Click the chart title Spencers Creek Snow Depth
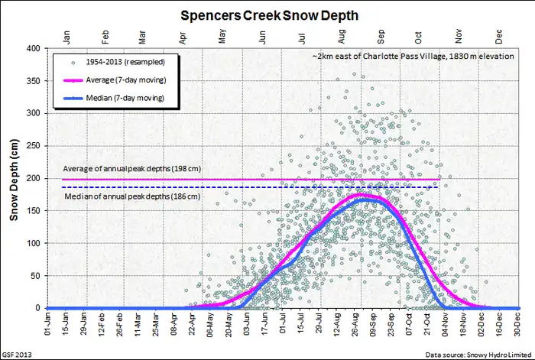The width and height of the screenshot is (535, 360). click(267, 15)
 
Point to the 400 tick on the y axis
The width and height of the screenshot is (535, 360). click(33, 48)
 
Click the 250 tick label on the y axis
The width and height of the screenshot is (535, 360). click(33, 146)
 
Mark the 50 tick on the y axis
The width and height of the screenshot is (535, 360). click(35, 276)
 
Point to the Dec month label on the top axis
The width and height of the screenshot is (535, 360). click(500, 35)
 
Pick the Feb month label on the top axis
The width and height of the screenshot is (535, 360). click(104, 35)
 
